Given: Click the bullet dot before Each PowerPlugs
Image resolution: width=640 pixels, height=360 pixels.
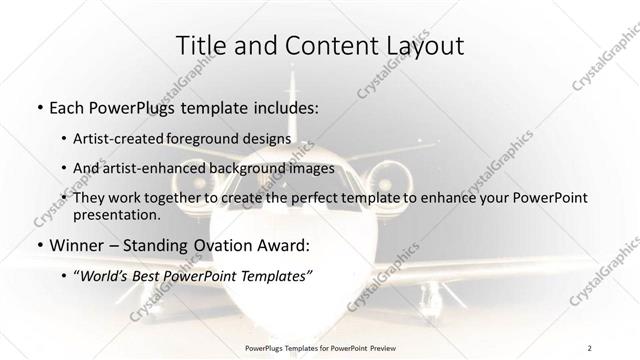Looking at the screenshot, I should pyautogui.click(x=39, y=106).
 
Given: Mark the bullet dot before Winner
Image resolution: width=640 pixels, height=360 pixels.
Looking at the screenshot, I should pyautogui.click(x=39, y=245).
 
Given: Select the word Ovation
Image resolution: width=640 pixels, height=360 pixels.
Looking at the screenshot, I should pyautogui.click(x=220, y=244).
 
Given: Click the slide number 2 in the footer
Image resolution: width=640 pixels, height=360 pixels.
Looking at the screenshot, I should pyautogui.click(x=589, y=348).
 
